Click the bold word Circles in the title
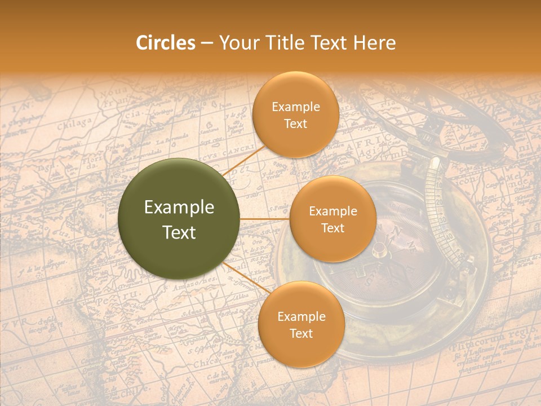coord(165,43)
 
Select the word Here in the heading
coord(374,43)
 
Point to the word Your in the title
coord(236,43)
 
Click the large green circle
coord(179,219)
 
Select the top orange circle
coord(295,114)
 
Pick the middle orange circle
coord(332,219)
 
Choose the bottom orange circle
coord(301,324)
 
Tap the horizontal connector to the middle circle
coord(265,219)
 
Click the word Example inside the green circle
coord(179,208)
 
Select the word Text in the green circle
coord(179,232)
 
